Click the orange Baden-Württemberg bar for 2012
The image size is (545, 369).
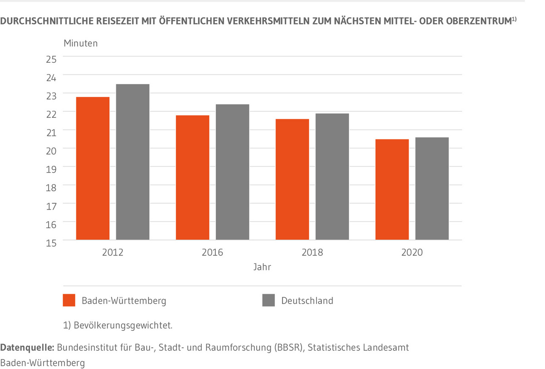[93, 168]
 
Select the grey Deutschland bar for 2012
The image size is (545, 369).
[133, 162]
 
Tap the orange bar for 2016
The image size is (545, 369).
[193, 177]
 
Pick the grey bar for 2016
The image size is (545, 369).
[233, 172]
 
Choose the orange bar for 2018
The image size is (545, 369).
[292, 179]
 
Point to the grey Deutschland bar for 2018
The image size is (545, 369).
[332, 176]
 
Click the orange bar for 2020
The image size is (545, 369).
[392, 189]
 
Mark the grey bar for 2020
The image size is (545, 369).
[432, 188]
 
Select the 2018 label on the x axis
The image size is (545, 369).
[312, 252]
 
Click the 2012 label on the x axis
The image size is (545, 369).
[113, 252]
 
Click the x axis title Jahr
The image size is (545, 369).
[263, 267]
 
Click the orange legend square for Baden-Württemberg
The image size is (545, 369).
[69, 300]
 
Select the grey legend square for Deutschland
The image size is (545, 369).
[268, 300]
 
